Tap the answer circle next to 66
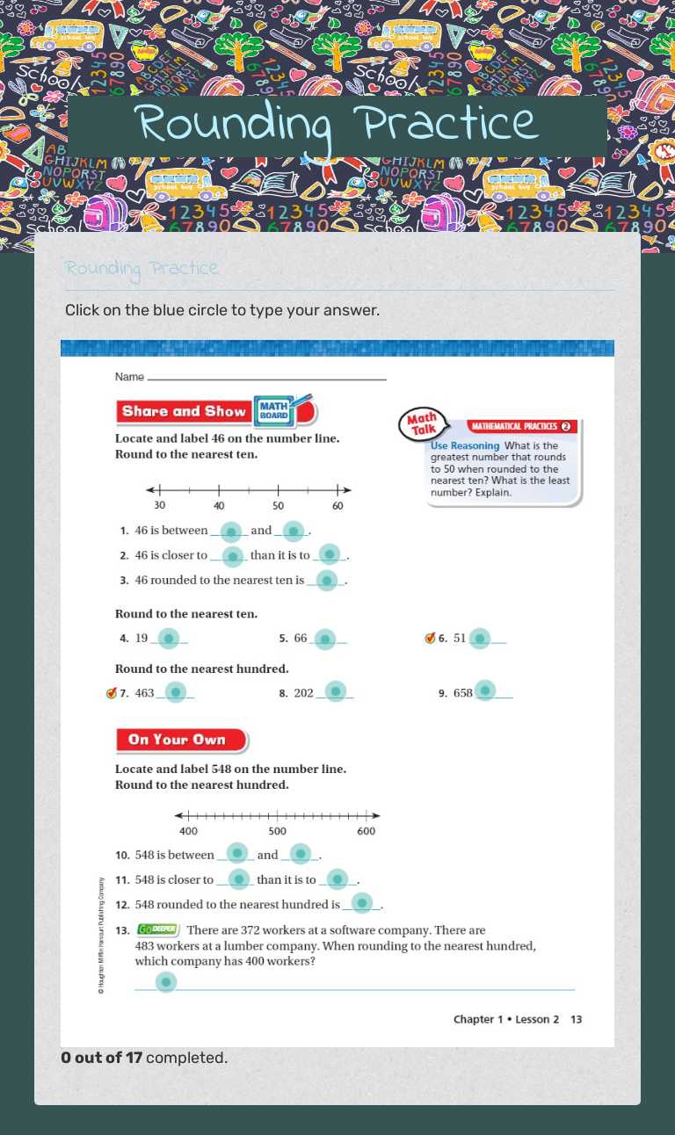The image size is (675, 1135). [324, 640]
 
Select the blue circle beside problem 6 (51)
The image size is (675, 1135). [479, 639]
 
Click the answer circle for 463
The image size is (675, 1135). [176, 693]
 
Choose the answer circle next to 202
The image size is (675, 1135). [335, 692]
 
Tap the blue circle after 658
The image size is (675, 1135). [484, 691]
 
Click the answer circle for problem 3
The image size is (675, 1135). [326, 581]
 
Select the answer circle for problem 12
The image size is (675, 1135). [361, 904]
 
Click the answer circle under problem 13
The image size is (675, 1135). [165, 982]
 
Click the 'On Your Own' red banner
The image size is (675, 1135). [178, 740]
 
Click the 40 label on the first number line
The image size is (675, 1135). [219, 506]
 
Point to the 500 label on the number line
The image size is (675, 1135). [278, 831]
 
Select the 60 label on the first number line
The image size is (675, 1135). [337, 506]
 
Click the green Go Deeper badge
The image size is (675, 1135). [158, 929]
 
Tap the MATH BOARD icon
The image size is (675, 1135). [273, 410]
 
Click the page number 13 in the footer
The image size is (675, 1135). [576, 1019]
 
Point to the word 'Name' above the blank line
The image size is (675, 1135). [129, 377]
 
